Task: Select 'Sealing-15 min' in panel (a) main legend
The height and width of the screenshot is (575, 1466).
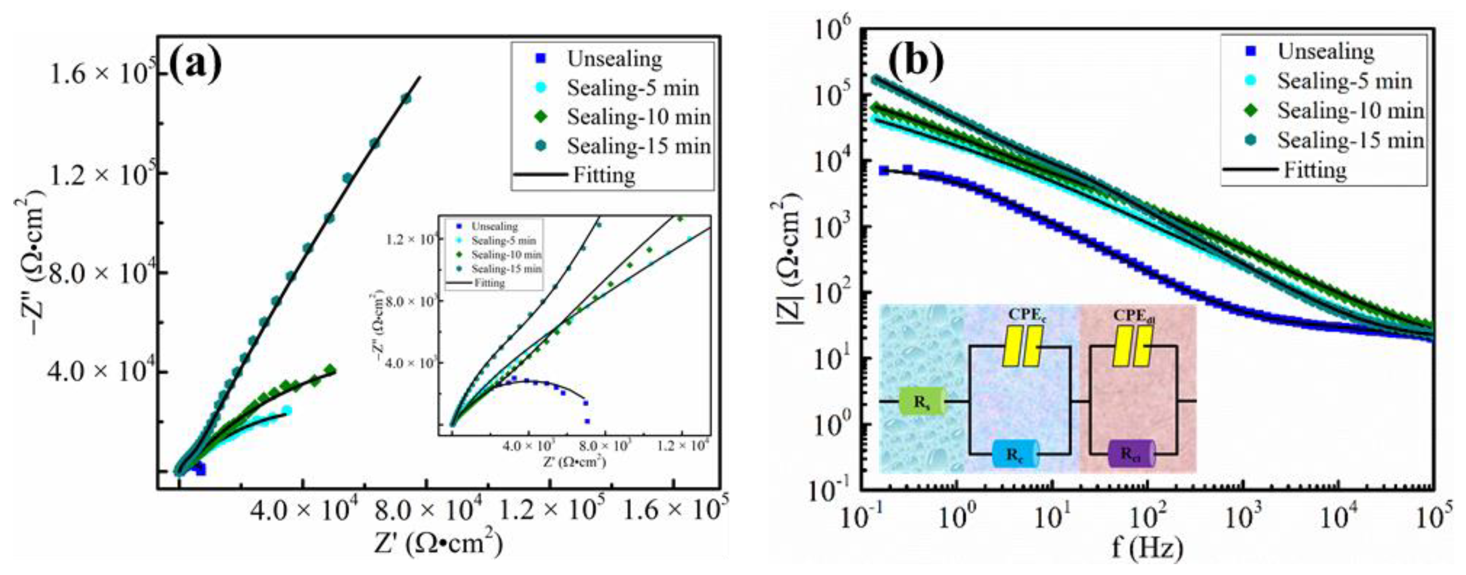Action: (x=638, y=146)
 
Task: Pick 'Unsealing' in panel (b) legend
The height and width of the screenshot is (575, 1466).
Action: (x=1325, y=51)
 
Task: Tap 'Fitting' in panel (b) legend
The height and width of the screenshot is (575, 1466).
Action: (x=1314, y=170)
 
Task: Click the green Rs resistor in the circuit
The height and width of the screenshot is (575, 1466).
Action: (x=922, y=401)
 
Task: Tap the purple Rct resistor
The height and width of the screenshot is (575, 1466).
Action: (x=1131, y=454)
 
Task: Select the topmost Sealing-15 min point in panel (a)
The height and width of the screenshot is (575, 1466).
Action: (x=406, y=98)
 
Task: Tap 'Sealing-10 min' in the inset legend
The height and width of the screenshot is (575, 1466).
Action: (x=506, y=255)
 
